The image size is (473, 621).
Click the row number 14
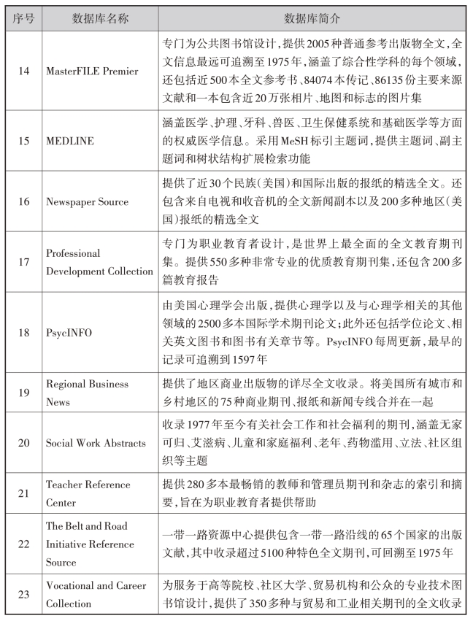point(24,72)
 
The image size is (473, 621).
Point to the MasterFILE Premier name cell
point(92,72)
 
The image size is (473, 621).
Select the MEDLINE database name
point(70,141)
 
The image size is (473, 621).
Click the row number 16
point(24,201)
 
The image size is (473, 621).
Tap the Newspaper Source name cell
point(87,201)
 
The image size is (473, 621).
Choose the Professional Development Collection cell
point(99,263)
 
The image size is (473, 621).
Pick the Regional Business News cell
point(87,393)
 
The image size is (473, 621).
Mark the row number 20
point(24,443)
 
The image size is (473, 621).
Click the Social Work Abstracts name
point(96,443)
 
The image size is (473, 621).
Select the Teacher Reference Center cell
point(88,493)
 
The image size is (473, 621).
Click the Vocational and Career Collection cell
point(96,595)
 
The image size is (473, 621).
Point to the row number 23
point(24,595)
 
